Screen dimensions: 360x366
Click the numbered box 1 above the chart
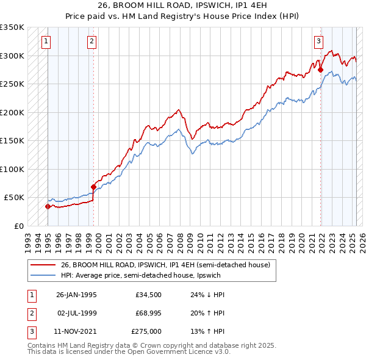pyautogui.click(x=46, y=41)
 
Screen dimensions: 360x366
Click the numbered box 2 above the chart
pyautogui.click(x=91, y=41)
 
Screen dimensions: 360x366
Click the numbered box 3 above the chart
pyautogui.click(x=318, y=41)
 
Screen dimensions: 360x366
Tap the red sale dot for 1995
pyautogui.click(x=47, y=206)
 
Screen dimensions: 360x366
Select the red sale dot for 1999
pyautogui.click(x=93, y=187)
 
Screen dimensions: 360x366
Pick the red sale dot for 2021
pyautogui.click(x=321, y=70)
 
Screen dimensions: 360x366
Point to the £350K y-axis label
pyautogui.click(x=12, y=27)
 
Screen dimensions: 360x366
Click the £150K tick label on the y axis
pyautogui.click(x=12, y=141)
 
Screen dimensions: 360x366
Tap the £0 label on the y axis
pyautogui.click(x=18, y=226)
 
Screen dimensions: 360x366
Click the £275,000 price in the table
pyautogui.click(x=146, y=331)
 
